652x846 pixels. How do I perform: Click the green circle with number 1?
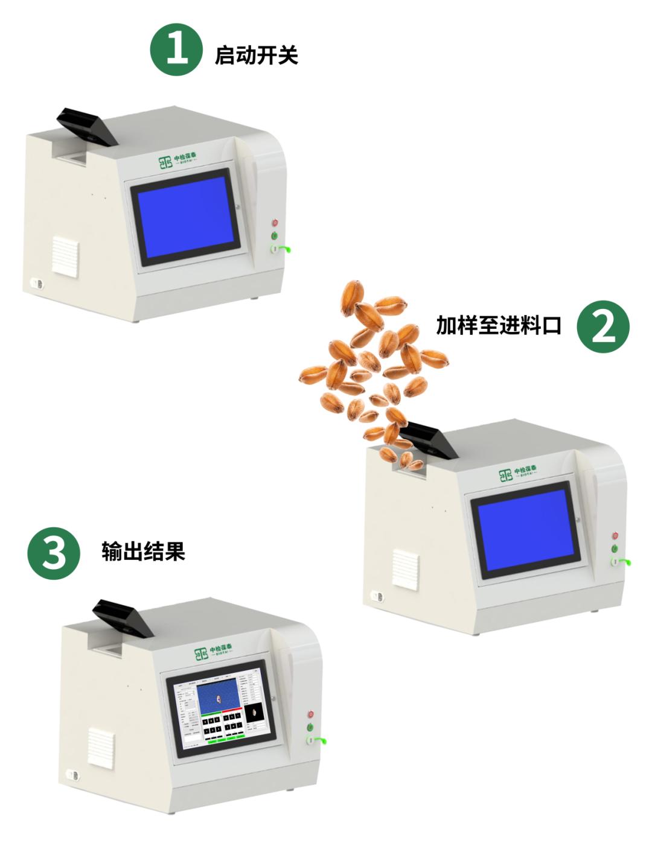point(176,50)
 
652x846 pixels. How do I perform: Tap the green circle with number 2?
point(602,326)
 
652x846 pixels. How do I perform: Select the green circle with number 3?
point(54,553)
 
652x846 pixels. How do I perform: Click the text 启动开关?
point(257,56)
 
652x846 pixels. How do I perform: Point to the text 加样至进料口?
point(499,326)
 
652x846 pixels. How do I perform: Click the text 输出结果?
point(143,552)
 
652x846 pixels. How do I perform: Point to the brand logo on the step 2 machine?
point(518,474)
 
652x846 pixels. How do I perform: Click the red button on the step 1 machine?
point(275,223)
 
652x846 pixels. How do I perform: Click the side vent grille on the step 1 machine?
point(65,256)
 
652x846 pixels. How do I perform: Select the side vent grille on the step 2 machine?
point(405,568)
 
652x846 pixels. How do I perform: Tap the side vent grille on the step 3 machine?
point(101,748)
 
